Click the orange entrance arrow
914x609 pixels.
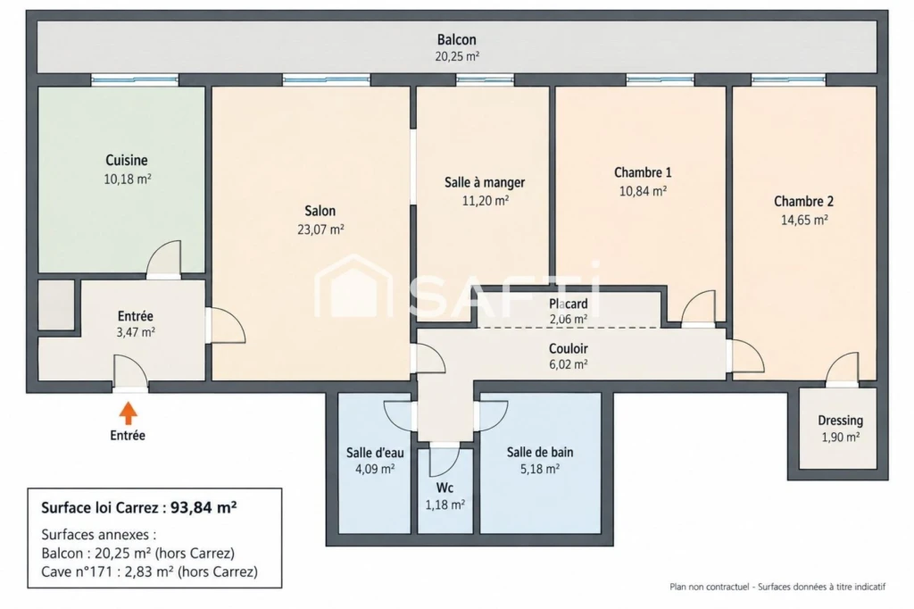(x=129, y=413)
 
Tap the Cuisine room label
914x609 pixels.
(x=127, y=161)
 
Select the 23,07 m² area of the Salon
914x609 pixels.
(x=320, y=229)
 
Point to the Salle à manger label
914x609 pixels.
(x=485, y=182)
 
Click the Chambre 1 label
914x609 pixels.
(x=643, y=172)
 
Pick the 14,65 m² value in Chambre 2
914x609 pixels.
(x=804, y=220)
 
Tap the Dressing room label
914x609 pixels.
(x=840, y=421)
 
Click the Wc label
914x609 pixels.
(x=445, y=488)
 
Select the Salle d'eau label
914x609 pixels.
(x=375, y=453)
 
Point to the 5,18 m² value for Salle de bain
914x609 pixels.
(x=540, y=469)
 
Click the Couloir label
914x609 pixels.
(x=569, y=349)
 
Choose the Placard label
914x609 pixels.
(x=569, y=304)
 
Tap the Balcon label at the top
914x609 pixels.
(x=457, y=39)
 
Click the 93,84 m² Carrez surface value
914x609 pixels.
(x=204, y=507)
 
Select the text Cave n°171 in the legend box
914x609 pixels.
(x=76, y=571)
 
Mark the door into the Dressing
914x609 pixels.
(x=843, y=370)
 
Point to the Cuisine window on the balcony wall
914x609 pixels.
(x=135, y=79)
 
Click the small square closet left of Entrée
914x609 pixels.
(x=56, y=305)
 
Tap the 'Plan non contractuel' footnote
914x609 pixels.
(x=710, y=587)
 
